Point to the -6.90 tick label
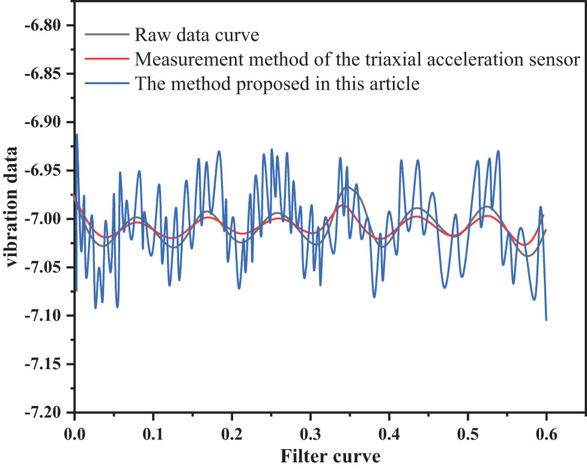pyautogui.click(x=42, y=122)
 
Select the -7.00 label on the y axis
pyautogui.click(x=42, y=219)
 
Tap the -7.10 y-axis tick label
pyautogui.click(x=42, y=316)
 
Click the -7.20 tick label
pyautogui.click(x=42, y=412)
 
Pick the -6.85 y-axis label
pyautogui.click(x=42, y=73)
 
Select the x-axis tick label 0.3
pyautogui.click(x=311, y=433)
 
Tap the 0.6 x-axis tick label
pyautogui.click(x=547, y=433)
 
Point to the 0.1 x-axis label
pyautogui.click(x=153, y=433)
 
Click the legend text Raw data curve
pyautogui.click(x=197, y=35)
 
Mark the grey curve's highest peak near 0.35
pyautogui.click(x=347, y=187)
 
